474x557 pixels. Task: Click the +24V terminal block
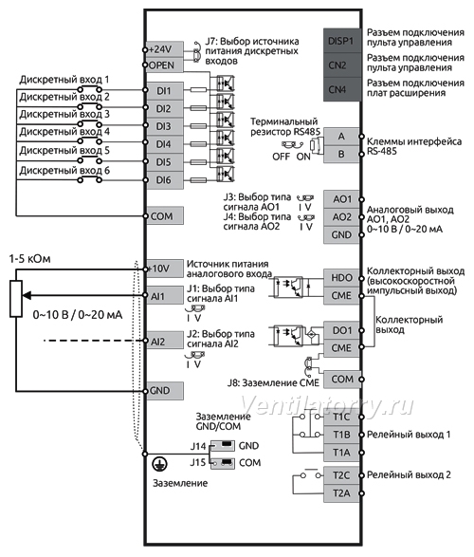point(165,49)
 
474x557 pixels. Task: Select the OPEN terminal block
point(165,65)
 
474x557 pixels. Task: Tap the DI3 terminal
point(165,126)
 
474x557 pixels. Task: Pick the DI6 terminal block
point(165,180)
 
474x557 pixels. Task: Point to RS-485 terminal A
point(341,137)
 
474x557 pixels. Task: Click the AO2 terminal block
point(341,216)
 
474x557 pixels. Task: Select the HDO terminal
point(341,278)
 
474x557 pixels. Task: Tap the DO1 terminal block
point(341,330)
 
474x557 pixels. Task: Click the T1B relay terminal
point(341,435)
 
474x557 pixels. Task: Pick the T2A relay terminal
point(341,493)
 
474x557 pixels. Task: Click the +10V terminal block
point(165,269)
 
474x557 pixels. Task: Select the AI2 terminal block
point(165,341)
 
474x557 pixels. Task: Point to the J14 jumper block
point(223,445)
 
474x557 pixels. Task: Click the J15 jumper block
point(223,462)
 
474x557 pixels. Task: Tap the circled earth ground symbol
point(160,464)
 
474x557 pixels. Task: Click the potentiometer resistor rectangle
point(16,298)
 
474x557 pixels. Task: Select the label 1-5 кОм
point(29,259)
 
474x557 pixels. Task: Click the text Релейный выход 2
point(409,475)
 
